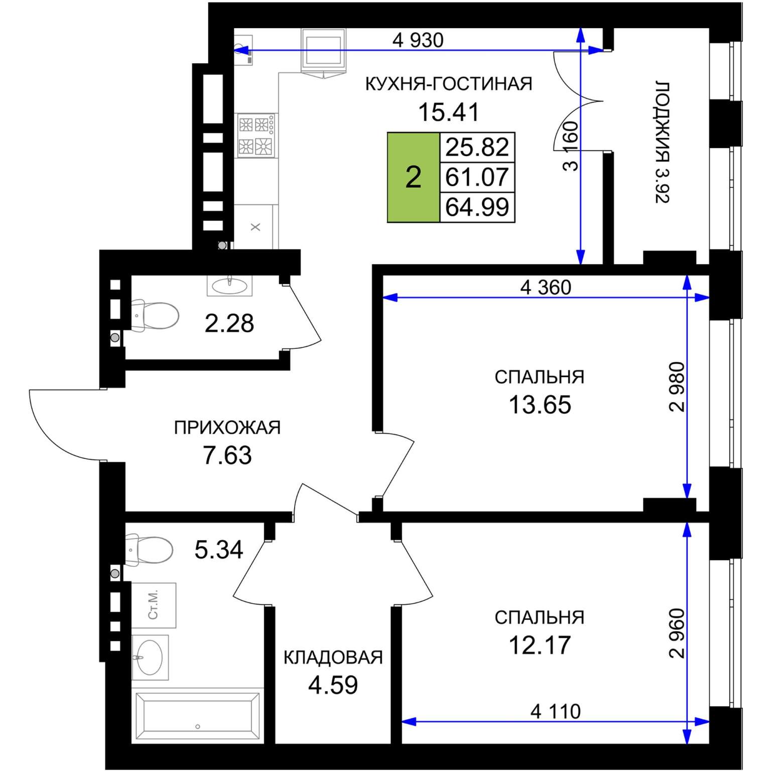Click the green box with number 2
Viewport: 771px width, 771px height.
414,177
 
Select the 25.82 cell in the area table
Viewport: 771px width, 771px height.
477,147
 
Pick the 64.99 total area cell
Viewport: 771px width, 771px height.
477,207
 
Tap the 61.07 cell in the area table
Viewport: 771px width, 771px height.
477,177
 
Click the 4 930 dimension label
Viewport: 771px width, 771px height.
418,40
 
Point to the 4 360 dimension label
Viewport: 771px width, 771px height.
546,288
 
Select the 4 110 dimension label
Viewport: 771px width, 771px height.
556,711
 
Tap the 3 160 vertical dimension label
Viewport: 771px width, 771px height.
571,146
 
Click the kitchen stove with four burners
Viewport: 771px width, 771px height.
256,135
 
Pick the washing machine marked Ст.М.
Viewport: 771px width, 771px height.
154,605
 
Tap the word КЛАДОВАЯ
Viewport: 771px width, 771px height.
333,658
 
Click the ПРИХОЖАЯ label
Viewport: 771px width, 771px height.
227,428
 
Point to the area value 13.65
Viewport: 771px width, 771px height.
540,405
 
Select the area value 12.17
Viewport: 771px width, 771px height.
540,645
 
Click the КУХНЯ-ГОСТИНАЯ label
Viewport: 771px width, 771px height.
449,84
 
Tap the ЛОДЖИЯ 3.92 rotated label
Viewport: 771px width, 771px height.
663,142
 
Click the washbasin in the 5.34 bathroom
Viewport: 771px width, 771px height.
150,658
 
